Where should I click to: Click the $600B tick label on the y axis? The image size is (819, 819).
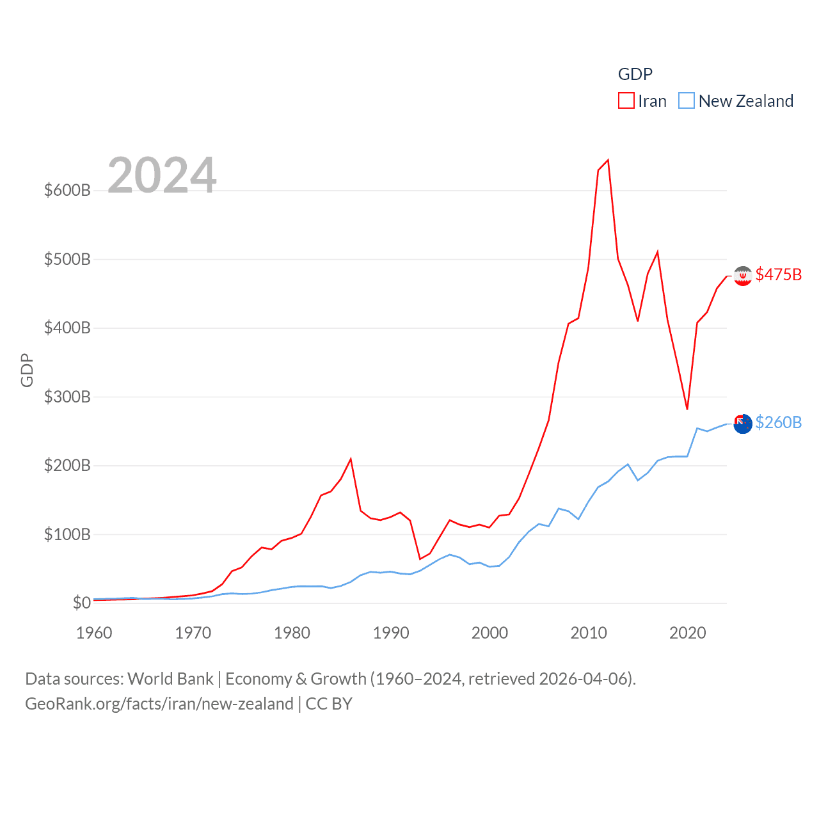(x=67, y=190)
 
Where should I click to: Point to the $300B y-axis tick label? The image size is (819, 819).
(x=67, y=397)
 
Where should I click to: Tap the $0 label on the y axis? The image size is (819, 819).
(x=81, y=603)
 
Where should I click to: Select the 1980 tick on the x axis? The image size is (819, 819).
(x=292, y=633)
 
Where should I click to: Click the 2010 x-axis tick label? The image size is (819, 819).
(x=589, y=633)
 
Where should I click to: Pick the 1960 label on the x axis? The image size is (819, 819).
(x=94, y=633)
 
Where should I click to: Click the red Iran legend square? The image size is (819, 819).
(x=626, y=101)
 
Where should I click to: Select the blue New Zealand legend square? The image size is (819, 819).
(x=686, y=101)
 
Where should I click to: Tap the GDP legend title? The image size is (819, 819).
(x=635, y=74)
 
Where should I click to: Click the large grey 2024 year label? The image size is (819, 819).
(x=162, y=175)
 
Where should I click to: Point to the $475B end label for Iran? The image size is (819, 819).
(x=778, y=274)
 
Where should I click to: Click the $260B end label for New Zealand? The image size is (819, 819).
(x=778, y=422)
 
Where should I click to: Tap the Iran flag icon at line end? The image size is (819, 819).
(x=742, y=276)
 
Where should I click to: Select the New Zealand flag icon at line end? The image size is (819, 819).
(x=742, y=424)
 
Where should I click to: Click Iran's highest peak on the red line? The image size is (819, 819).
(x=608, y=160)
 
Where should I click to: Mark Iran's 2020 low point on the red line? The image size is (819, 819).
(x=687, y=409)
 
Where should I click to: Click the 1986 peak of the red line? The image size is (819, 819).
(x=351, y=459)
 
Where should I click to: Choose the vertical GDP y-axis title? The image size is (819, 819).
(x=27, y=370)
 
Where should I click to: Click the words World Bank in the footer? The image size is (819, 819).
(x=170, y=678)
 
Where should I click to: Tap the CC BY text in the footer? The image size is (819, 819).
(x=329, y=704)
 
